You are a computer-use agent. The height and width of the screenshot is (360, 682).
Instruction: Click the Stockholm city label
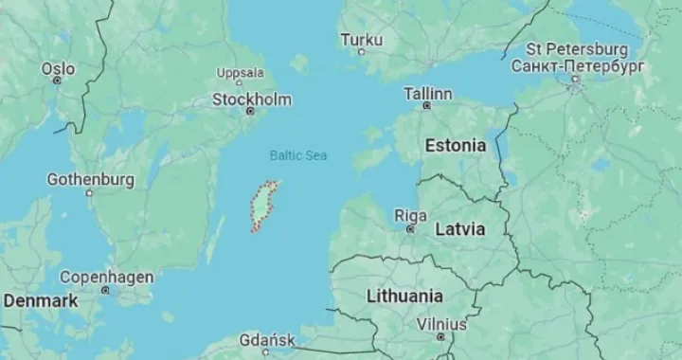(x=251, y=99)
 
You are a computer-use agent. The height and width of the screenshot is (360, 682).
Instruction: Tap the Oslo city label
(x=57, y=68)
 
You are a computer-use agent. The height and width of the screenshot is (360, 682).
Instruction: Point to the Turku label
(x=361, y=40)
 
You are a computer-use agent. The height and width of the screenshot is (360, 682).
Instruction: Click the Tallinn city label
(x=428, y=94)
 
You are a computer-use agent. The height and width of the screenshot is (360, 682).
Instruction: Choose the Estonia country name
(x=456, y=146)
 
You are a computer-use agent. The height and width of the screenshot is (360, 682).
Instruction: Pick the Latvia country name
(x=460, y=229)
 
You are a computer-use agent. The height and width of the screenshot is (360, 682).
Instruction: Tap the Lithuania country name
(x=404, y=296)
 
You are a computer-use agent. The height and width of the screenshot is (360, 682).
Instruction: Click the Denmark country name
(x=40, y=300)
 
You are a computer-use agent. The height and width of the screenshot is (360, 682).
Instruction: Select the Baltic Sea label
(x=297, y=155)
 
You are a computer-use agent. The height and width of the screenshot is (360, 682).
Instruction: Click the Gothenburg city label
(x=91, y=179)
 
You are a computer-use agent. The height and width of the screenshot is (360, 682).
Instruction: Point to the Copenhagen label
(x=107, y=277)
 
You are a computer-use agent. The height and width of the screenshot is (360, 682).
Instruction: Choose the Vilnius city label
(x=441, y=324)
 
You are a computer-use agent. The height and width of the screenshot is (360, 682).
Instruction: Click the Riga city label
(x=410, y=215)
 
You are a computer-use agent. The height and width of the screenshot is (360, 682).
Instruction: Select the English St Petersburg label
(x=577, y=48)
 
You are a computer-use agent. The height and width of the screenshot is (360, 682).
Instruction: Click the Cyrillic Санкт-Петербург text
(x=577, y=65)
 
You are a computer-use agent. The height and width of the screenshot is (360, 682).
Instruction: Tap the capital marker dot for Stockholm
(x=251, y=111)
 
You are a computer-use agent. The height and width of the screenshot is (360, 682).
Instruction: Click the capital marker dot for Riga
(x=410, y=228)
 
